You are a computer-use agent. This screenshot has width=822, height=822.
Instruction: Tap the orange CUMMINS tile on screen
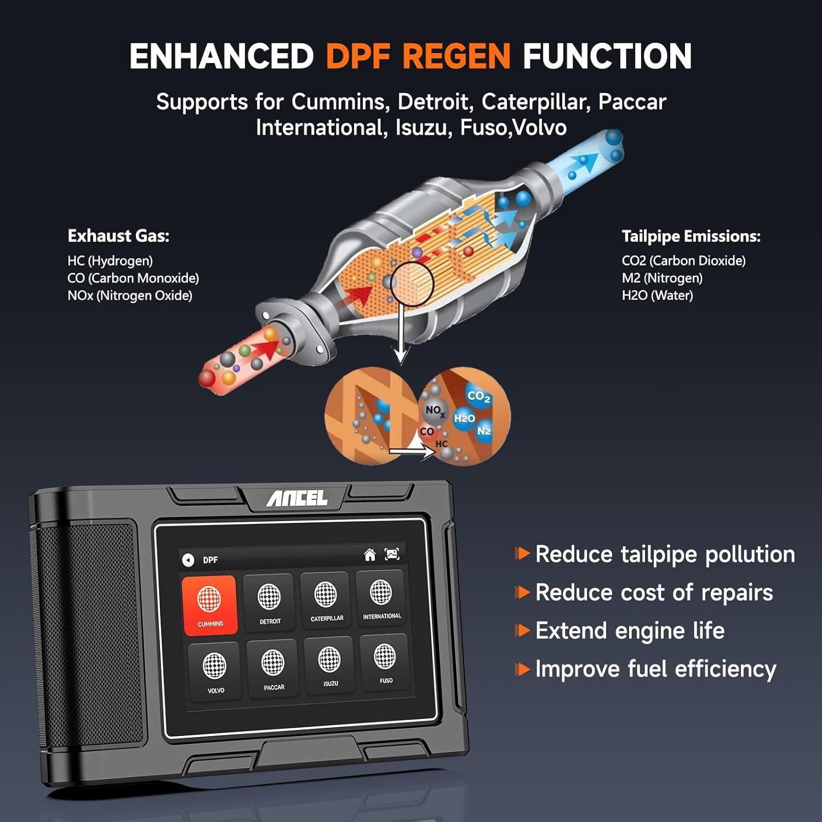(x=210, y=606)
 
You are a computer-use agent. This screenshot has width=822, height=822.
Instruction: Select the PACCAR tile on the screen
(x=273, y=668)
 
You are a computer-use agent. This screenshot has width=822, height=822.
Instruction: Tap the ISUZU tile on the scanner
(x=329, y=665)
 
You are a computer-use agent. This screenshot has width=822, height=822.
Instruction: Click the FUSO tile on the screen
(x=385, y=661)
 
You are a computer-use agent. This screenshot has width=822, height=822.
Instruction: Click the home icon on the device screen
(x=370, y=555)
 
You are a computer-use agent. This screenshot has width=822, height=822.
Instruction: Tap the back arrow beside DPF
(x=188, y=560)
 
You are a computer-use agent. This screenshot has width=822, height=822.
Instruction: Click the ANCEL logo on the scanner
(x=296, y=498)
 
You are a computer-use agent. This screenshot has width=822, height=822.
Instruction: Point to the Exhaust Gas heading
(x=118, y=236)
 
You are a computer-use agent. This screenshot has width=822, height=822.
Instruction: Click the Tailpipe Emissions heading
(x=691, y=237)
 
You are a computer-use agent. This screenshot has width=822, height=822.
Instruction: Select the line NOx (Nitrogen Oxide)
(x=130, y=296)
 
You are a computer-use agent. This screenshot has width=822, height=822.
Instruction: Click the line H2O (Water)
(x=657, y=296)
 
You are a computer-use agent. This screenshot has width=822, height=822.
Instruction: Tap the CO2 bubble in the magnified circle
(x=478, y=396)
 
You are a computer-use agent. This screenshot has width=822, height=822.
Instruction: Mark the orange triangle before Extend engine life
(x=523, y=631)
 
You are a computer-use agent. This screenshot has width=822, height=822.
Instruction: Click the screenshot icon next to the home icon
(x=392, y=554)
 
